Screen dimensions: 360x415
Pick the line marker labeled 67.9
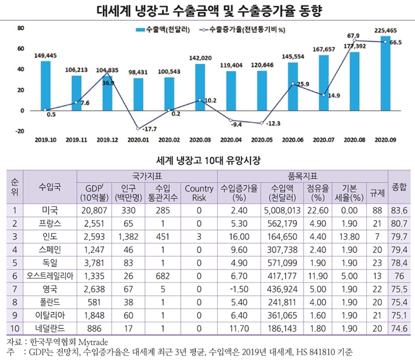[354, 41]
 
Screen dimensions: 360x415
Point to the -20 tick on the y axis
[19, 131]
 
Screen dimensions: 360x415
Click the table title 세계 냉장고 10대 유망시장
[207, 161]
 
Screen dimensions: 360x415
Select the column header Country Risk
[198, 192]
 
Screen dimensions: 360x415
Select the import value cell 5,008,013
[283, 210]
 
